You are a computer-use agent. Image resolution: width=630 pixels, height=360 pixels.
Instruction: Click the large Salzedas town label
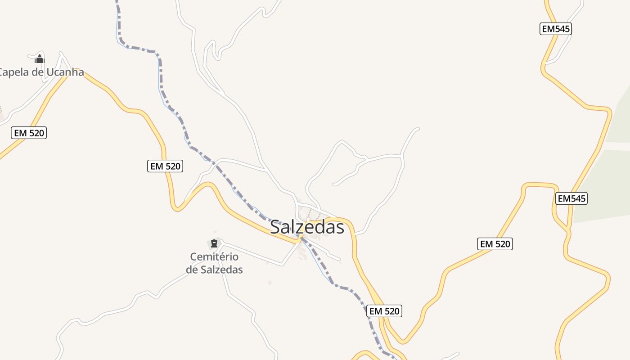(x=307, y=227)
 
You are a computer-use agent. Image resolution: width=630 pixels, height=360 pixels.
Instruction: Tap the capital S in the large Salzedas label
(x=276, y=227)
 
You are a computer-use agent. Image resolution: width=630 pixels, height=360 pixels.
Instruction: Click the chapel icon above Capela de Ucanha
(x=40, y=59)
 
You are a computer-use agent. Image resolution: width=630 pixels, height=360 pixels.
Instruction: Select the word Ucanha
(x=65, y=72)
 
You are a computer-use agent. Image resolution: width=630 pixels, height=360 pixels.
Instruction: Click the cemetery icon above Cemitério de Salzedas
(x=214, y=244)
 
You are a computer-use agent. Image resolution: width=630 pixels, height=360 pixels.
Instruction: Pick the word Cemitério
(x=214, y=257)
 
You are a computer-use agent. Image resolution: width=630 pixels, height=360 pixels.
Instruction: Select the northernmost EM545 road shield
(x=556, y=29)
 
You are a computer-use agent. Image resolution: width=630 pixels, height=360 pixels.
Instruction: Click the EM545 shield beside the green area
(x=571, y=198)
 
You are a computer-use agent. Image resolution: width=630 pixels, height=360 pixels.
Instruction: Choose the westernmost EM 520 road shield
(x=29, y=133)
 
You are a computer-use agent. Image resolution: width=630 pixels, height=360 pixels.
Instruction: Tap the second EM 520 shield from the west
(x=165, y=166)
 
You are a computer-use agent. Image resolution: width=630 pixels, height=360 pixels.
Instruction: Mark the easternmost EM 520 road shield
(x=495, y=244)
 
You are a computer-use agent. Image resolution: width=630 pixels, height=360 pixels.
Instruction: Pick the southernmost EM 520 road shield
(x=384, y=311)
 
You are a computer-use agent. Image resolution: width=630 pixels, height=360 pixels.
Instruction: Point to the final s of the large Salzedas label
(x=340, y=227)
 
